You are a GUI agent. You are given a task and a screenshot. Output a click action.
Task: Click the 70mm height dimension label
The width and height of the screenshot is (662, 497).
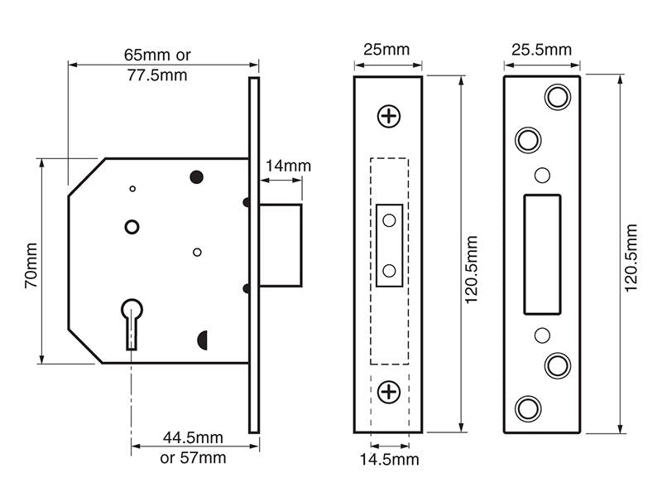(x=31, y=265)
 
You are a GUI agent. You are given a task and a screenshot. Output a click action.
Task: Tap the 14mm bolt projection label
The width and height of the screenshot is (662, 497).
(x=288, y=166)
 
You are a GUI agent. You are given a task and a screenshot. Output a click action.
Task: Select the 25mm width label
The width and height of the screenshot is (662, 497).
(x=386, y=50)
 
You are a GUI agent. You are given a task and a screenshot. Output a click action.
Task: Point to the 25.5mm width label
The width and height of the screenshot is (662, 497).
(x=542, y=50)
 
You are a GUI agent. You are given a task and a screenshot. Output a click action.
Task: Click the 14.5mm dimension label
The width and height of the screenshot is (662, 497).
(x=389, y=460)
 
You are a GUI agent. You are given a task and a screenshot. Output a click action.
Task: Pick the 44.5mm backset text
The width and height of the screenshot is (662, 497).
(x=193, y=437)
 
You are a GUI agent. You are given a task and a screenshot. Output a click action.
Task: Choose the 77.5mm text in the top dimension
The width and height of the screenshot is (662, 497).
(x=157, y=75)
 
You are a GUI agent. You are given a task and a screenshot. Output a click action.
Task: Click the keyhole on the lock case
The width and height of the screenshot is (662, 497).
(x=132, y=324)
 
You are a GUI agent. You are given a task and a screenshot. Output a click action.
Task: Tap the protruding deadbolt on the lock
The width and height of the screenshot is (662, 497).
(x=281, y=245)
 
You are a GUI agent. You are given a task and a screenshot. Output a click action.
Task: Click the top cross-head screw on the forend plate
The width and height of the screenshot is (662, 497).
(x=388, y=116)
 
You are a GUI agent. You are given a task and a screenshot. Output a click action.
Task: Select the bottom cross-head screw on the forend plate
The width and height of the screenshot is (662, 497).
(x=388, y=392)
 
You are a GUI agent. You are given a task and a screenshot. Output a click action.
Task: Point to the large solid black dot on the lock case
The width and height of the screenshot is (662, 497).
(x=196, y=177)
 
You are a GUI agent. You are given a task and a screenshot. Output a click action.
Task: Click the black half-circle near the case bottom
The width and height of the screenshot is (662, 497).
(x=202, y=340)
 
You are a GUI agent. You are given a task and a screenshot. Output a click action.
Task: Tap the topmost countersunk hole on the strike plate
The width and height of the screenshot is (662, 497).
(x=558, y=97)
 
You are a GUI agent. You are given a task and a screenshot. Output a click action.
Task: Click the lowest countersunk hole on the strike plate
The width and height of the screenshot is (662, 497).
(x=528, y=408)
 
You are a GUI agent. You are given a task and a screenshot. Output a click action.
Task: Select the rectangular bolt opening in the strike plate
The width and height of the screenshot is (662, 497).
(x=542, y=254)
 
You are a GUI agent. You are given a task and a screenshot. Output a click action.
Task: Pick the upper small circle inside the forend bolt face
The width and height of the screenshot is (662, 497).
(x=389, y=220)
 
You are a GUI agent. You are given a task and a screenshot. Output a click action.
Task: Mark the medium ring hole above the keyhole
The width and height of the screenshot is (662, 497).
(x=132, y=227)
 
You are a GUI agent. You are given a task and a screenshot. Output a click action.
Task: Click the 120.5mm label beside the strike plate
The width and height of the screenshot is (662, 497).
(x=631, y=258)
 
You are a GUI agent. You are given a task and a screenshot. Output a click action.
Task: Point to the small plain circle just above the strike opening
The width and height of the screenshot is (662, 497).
(x=542, y=175)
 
